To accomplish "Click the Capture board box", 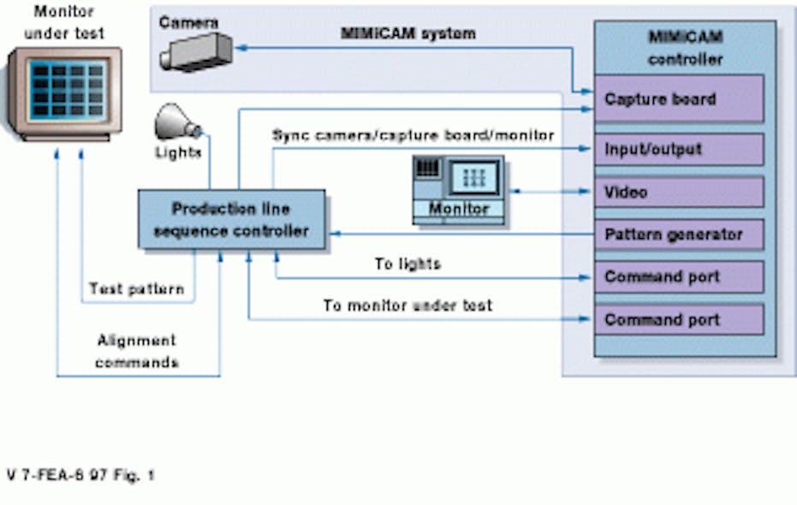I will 678,99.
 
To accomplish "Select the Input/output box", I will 678,149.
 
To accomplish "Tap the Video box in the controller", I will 678,192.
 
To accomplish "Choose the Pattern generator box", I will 678,235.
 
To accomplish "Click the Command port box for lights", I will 678,277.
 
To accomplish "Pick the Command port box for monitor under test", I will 678,320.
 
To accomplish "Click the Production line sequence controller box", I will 231,220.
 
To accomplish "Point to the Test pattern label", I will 137,289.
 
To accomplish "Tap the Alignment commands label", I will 137,351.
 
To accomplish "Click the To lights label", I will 407,264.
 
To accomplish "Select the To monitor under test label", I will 407,305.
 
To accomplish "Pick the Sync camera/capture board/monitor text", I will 413,135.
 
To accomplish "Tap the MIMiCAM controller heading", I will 685,49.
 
